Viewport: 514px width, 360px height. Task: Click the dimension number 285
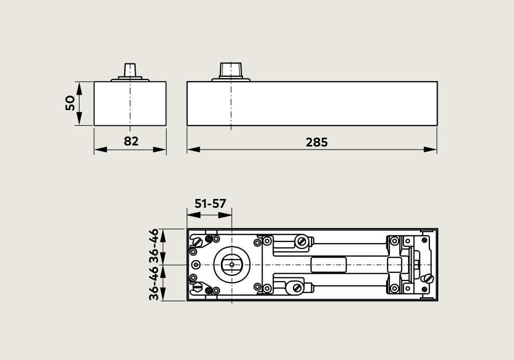317,142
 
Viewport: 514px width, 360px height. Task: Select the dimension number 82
131,141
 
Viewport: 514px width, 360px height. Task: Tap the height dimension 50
71,103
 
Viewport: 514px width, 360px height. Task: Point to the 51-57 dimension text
210,203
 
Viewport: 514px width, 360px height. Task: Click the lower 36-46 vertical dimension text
154,283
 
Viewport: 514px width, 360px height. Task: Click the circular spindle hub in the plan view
231,265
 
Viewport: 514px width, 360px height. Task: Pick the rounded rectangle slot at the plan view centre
328,264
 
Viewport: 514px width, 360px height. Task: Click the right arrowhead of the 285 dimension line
431,149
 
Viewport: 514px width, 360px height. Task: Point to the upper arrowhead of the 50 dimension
79,87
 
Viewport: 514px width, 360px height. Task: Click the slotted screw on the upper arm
301,241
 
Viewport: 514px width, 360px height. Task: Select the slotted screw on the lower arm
297,287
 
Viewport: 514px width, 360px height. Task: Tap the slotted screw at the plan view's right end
428,278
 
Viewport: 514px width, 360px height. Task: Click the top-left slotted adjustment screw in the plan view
197,242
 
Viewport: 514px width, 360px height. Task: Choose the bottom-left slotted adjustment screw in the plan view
197,287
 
